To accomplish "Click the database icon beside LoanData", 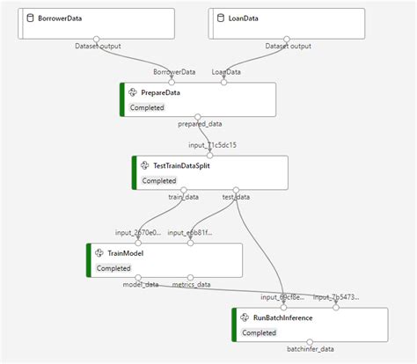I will [219, 18].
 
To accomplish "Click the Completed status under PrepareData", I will [149, 108].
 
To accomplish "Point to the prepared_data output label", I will [200, 125].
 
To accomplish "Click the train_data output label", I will [183, 197].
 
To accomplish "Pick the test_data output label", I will [235, 197].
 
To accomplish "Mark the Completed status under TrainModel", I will [114, 268].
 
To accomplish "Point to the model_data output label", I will [141, 284].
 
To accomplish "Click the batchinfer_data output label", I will [311, 349].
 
